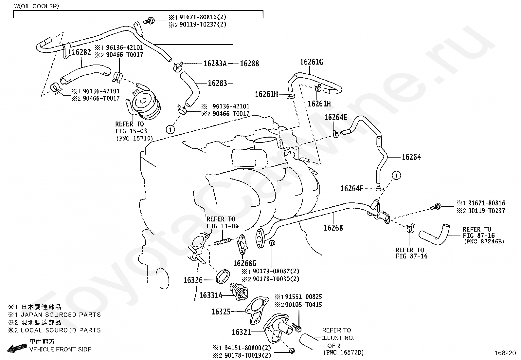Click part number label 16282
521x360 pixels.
[81, 52]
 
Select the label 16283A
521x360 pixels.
[215, 63]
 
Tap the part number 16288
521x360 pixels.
[249, 63]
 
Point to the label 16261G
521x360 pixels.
[312, 62]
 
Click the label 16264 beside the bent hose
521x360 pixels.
[411, 157]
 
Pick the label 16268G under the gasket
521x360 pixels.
[245, 263]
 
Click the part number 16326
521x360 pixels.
[193, 280]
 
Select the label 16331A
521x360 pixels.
[211, 295]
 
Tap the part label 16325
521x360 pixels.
[221, 312]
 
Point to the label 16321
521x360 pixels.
[241, 332]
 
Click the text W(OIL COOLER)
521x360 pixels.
[36, 6]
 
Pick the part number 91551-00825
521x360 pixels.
[304, 297]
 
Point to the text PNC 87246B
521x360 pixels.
[484, 242]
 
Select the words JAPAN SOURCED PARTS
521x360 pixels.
[61, 315]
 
